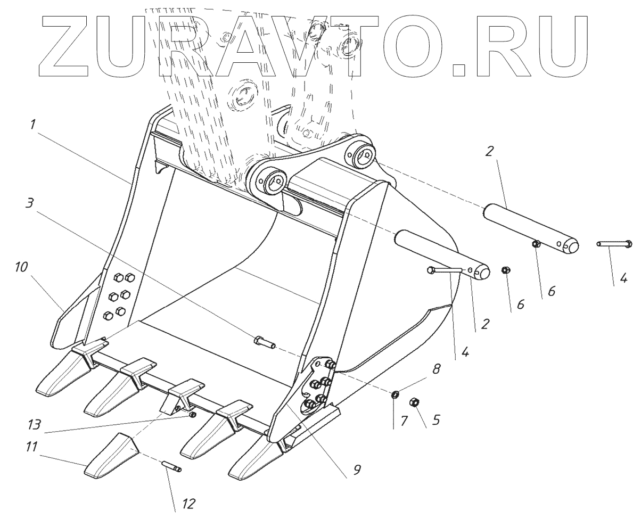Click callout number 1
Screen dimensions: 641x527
(x=33, y=125)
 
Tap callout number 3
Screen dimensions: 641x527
(x=30, y=203)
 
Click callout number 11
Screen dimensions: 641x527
(x=31, y=446)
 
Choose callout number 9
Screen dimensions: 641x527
(x=357, y=469)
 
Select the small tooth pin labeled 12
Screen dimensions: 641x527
(x=172, y=466)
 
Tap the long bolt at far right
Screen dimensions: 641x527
(x=614, y=244)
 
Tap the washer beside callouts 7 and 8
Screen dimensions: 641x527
(x=396, y=394)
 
